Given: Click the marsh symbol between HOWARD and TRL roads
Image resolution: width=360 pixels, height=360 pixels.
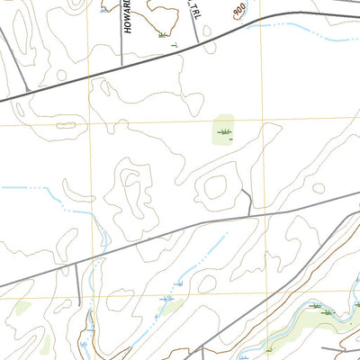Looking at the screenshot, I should pyautogui.click(x=162, y=35).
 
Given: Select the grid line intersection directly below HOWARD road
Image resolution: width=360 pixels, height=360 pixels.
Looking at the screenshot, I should pyautogui.click(x=91, y=78).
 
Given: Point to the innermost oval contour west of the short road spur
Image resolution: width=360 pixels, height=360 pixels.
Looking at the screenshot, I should pyautogui.click(x=215, y=188).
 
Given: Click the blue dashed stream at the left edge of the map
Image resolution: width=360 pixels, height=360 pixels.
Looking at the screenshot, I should pyautogui.click(x=18, y=188).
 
